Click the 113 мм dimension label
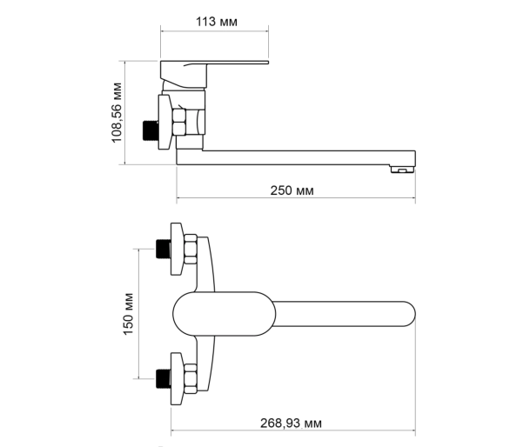(x=217, y=22)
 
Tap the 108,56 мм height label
(x=117, y=112)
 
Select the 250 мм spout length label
(x=292, y=190)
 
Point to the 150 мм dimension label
(x=128, y=314)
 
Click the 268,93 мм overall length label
(x=291, y=424)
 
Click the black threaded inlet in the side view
(x=151, y=130)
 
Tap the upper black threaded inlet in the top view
(x=163, y=249)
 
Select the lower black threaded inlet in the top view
(x=163, y=378)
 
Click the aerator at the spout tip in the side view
(x=402, y=169)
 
